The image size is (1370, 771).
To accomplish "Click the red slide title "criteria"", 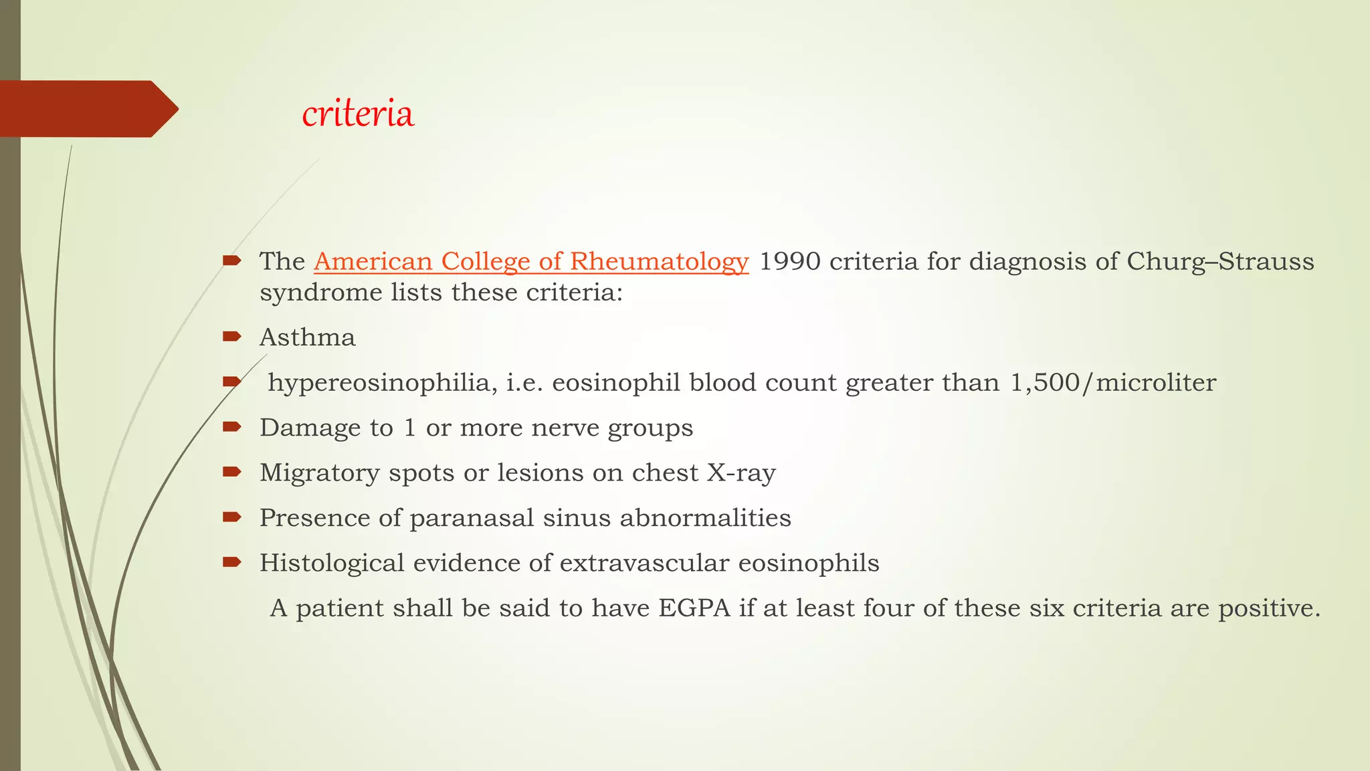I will (x=358, y=114).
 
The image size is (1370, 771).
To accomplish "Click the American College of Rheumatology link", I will (x=530, y=261).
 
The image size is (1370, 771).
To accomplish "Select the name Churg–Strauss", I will (x=1220, y=261).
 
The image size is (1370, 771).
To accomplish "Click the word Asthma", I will (x=307, y=337).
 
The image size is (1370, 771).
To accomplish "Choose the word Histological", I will (x=332, y=563).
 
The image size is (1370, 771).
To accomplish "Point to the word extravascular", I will (x=644, y=563).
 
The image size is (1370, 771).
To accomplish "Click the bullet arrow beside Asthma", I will (x=231, y=337).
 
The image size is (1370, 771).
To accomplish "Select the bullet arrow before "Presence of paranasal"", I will (x=231, y=517).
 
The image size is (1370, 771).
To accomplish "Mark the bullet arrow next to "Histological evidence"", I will (x=231, y=562).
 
